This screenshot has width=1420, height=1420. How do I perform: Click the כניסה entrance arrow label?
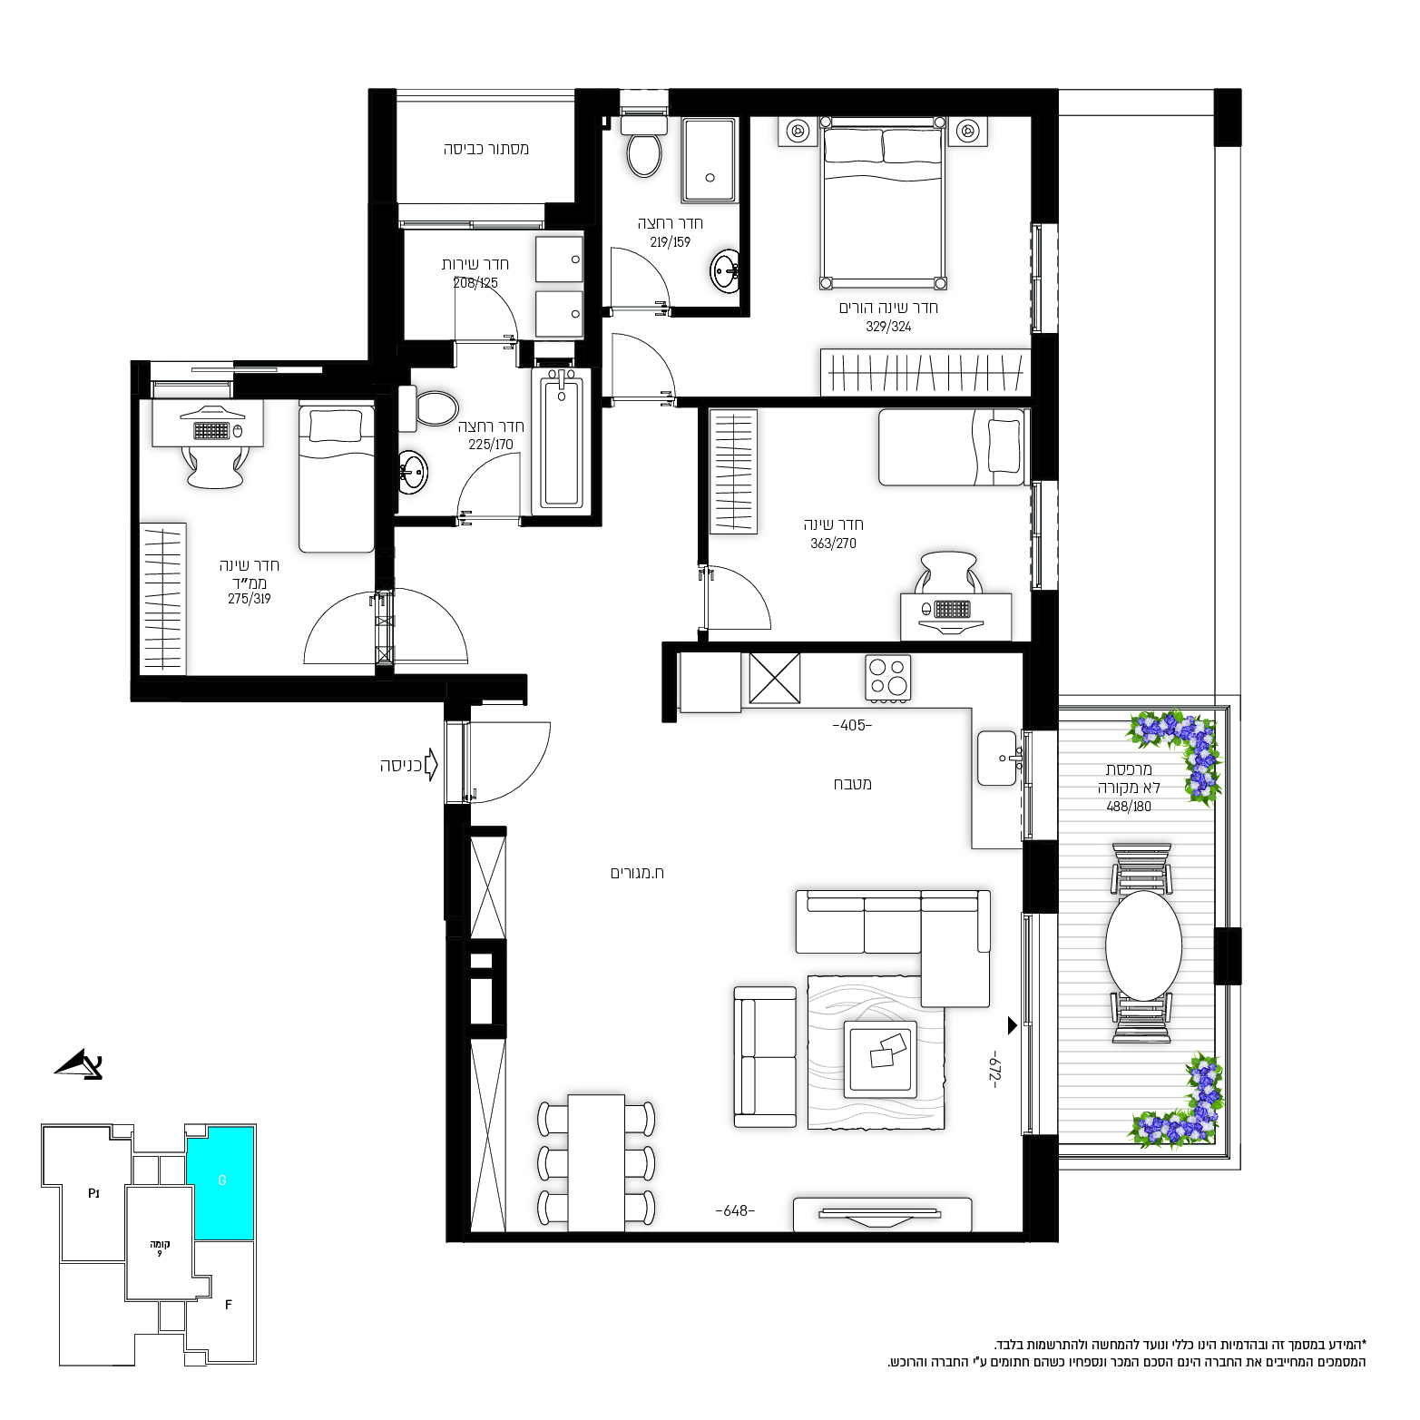tap(401, 766)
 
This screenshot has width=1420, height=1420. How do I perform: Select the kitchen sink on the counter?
tap(998, 758)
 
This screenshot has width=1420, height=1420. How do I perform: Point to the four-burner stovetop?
tap(888, 677)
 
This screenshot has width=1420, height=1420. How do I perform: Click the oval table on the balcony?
tap(1143, 945)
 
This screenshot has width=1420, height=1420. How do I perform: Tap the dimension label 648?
tap(735, 1210)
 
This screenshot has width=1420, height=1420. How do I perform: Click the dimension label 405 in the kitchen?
tap(852, 725)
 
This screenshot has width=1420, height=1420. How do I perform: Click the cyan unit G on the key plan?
tap(220, 1182)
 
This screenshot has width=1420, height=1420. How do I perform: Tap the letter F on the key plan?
tap(229, 1305)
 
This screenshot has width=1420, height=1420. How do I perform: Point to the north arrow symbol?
tap(80, 1064)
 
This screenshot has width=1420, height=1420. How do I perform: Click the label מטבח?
tap(853, 784)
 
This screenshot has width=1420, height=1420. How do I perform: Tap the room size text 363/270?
tap(833, 544)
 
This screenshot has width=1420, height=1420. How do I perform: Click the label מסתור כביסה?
tap(486, 149)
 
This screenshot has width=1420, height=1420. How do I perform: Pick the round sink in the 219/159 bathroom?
tap(725, 270)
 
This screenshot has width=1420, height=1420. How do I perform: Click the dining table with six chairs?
tap(596, 1163)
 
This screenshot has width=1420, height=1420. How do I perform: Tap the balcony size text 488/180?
tap(1129, 806)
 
